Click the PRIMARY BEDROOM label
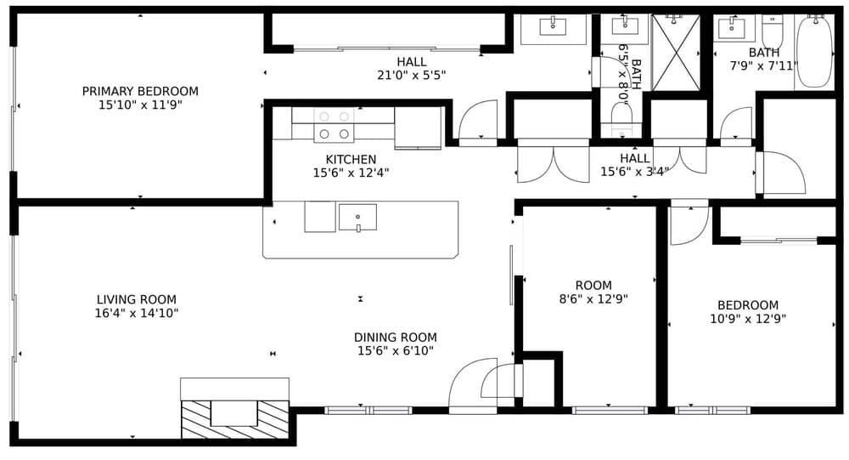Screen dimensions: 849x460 pyautogui.click(x=140, y=91)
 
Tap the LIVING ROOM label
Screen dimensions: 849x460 pyautogui.click(x=137, y=299)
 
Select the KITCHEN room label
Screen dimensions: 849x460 pyautogui.click(x=351, y=160)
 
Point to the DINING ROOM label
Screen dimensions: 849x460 pyautogui.click(x=396, y=338)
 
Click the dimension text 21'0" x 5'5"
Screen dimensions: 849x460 pyautogui.click(x=412, y=76)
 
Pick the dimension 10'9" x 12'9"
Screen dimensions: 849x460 pyautogui.click(x=748, y=319)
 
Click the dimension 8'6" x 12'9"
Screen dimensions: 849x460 pyautogui.click(x=593, y=299)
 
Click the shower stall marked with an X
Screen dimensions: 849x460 pyautogui.click(x=676, y=53)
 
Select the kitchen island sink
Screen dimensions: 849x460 pyautogui.click(x=358, y=217)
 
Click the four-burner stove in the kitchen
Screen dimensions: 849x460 pyautogui.click(x=334, y=125)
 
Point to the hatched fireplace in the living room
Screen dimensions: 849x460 pyautogui.click(x=234, y=419)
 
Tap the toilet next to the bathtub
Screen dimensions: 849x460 pyautogui.click(x=772, y=31)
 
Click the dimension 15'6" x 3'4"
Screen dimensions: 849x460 pyautogui.click(x=634, y=172)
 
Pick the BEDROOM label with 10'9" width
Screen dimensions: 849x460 pyautogui.click(x=748, y=305)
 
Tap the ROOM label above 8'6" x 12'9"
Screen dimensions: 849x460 pyautogui.click(x=593, y=286)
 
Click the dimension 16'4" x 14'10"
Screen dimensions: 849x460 pyautogui.click(x=137, y=313)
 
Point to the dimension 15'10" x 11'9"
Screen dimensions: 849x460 pyautogui.click(x=140, y=105)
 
